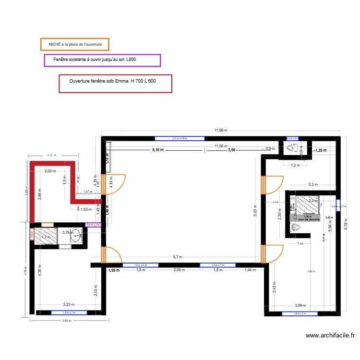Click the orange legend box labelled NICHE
[75, 45]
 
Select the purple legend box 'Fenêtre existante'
[102, 60]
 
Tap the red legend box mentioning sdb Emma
[115, 83]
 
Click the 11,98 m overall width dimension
[220, 130]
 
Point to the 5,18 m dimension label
[158, 150]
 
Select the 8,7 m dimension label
[178, 257]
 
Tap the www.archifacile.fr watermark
[330, 336]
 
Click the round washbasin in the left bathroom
[77, 236]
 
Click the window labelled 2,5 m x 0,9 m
[180, 139]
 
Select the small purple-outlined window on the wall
[93, 225]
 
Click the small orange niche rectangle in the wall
[48, 224]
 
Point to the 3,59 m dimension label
[300, 305]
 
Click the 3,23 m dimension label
[70, 304]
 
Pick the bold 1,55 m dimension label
[114, 270]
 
